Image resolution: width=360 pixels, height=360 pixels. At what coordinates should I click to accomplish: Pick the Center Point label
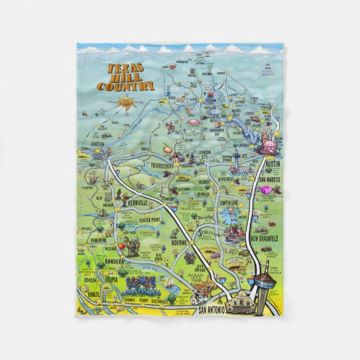coord(154,219)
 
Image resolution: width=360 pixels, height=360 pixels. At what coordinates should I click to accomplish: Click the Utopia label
coord(111,279)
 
